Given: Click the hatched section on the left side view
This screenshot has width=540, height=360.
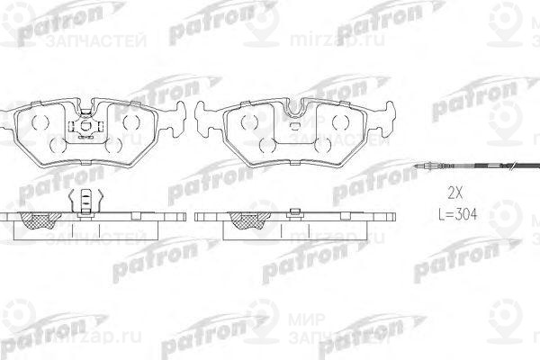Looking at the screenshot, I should click(40, 221).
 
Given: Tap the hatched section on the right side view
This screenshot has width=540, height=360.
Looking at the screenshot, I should click(244, 221).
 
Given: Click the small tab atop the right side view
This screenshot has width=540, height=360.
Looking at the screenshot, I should click(294, 211).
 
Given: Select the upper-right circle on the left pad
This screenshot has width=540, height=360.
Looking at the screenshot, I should click(131, 121).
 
